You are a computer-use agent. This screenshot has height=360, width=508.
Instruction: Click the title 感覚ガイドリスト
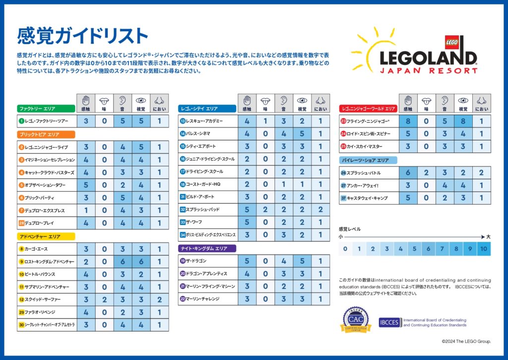pyautogui.click(x=82, y=36)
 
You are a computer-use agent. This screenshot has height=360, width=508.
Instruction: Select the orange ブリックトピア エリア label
pyautogui.click(x=46, y=134)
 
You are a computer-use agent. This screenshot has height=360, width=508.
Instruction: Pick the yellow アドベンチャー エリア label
pyautogui.click(x=46, y=236)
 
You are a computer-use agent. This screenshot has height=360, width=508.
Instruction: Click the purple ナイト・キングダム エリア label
pyautogui.click(x=207, y=248)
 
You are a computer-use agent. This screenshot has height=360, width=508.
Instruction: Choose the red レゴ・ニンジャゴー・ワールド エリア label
pyautogui.click(x=369, y=108)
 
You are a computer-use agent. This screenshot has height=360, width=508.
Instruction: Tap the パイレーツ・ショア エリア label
pyautogui.click(x=368, y=160)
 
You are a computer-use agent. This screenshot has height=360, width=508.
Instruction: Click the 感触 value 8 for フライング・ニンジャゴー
pyautogui.click(x=408, y=121)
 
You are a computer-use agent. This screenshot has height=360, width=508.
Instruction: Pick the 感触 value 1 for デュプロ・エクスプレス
pyautogui.click(x=86, y=210)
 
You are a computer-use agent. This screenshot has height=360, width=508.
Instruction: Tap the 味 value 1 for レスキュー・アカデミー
pyautogui.click(x=265, y=121)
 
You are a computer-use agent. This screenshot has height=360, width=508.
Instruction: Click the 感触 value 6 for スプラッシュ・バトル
pyautogui.click(x=408, y=172)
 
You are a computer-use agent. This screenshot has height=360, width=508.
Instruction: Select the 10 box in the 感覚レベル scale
pyautogui.click(x=484, y=249)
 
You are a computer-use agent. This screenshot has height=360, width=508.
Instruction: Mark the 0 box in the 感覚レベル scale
pyautogui.click(x=345, y=249)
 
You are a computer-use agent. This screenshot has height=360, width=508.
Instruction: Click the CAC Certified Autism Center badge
pyautogui.click(x=356, y=320)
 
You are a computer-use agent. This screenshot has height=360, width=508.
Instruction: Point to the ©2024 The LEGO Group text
pyautogui.click(x=466, y=342)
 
